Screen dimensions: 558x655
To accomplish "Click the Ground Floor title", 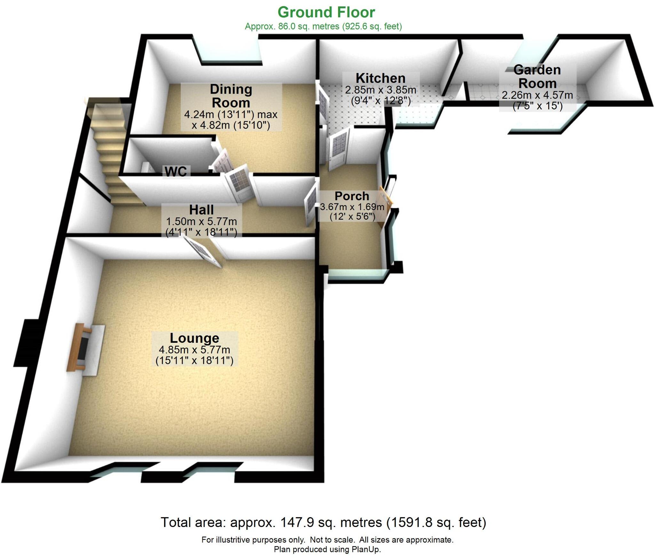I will coord(326,12).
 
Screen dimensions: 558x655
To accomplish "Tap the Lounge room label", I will coord(194,338).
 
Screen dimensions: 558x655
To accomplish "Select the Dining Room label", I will coord(231,96).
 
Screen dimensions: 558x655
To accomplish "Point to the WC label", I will coord(176,172).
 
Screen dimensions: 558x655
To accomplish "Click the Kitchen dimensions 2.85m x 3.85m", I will coord(381,90).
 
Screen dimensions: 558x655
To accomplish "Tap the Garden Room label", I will coord(537,77).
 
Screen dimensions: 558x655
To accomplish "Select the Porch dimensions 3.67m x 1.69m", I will coord(352,207).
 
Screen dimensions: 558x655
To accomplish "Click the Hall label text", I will coord(201,210).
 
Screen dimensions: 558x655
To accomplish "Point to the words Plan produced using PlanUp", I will coord(327,549).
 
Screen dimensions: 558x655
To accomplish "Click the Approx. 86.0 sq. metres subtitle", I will coord(323,26).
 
